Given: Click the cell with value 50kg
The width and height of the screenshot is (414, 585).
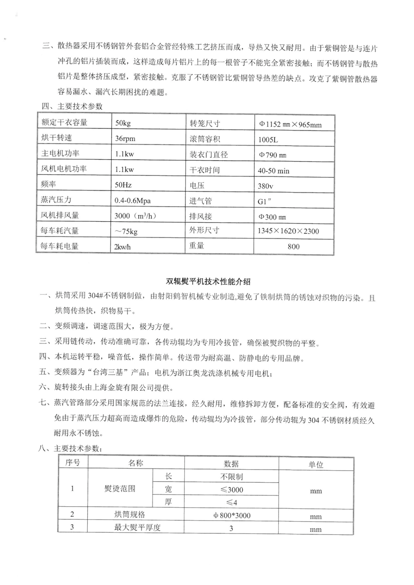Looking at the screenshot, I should (122, 123).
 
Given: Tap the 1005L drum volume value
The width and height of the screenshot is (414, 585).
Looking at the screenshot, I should (268, 139).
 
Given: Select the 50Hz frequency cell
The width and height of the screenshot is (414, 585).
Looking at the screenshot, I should (123, 185).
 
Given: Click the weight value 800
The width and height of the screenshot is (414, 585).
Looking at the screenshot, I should (294, 246).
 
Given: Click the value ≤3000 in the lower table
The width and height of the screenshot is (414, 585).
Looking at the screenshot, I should (231, 489).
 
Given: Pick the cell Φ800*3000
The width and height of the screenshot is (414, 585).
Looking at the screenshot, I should (231, 515).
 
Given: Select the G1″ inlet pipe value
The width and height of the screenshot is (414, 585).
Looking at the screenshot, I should (264, 200).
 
